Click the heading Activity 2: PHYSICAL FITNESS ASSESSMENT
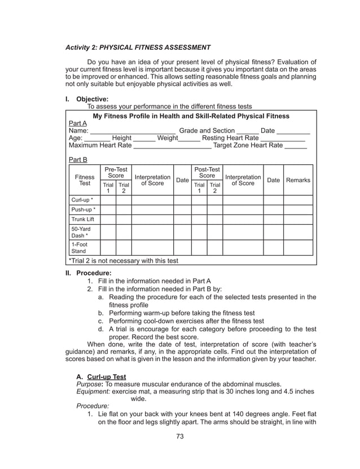(138, 47)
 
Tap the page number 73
(180, 436)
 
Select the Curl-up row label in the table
(82, 200)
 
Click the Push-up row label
(82, 210)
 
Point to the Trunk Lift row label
(82, 220)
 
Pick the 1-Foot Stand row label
(79, 248)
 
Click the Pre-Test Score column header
(116, 173)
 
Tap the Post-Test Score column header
(207, 173)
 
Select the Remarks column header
(298, 180)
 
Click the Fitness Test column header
(85, 180)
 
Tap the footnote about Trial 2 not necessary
(123, 261)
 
